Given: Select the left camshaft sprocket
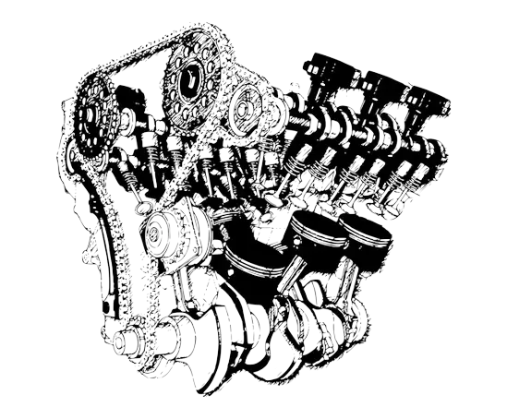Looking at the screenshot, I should [x=95, y=118].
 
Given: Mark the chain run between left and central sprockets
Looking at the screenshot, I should [x=139, y=65].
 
